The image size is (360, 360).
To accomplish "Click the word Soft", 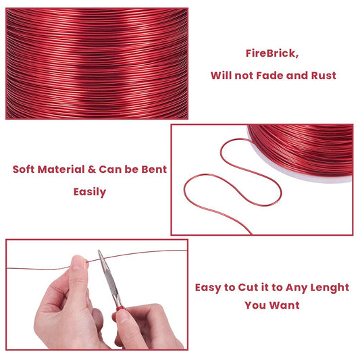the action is click(x=23, y=170).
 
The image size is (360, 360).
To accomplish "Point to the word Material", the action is click(x=61, y=170).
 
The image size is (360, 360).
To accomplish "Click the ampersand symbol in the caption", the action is click(x=92, y=170).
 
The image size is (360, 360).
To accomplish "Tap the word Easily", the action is click(x=90, y=192).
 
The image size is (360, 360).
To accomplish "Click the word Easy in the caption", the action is click(x=208, y=288).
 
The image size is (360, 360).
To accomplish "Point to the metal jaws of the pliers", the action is click(x=108, y=276).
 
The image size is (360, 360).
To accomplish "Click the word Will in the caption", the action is click(x=221, y=75).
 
